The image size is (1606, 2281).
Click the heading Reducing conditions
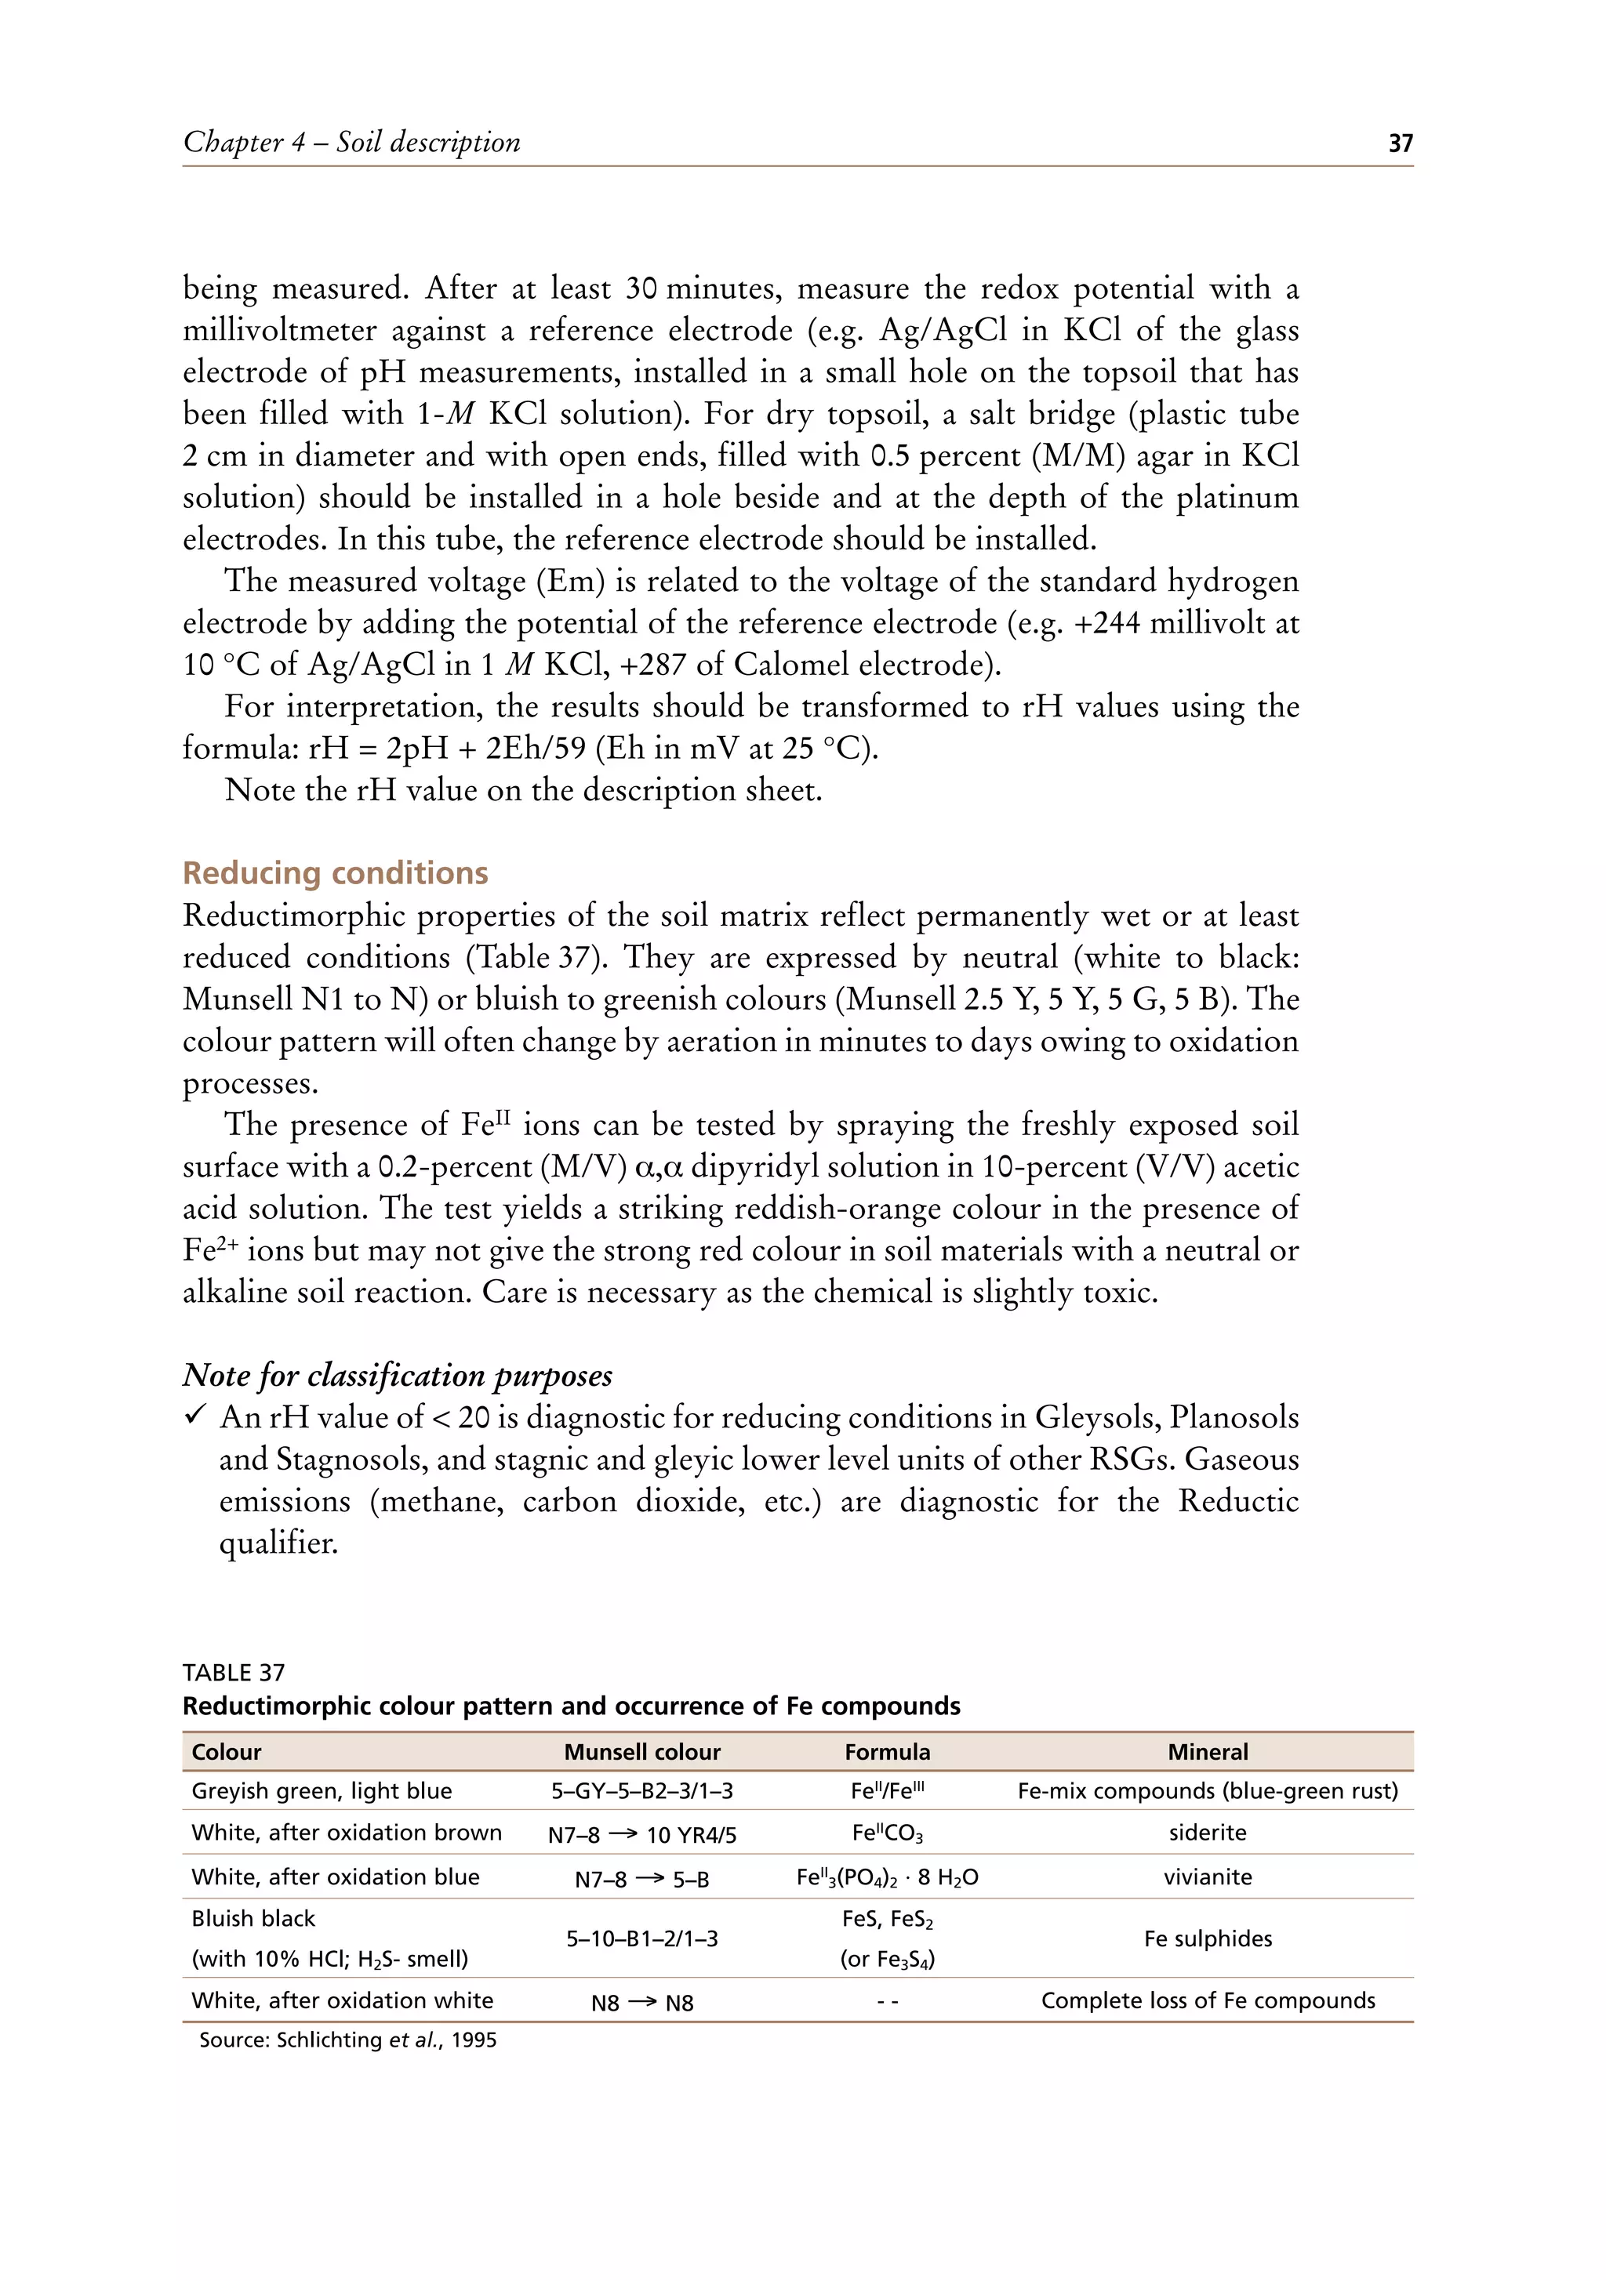[335, 872]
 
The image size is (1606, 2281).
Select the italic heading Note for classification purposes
[397, 1375]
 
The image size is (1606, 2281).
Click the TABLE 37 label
[234, 1673]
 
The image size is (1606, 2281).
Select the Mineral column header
[1207, 1751]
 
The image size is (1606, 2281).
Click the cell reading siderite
[1207, 1833]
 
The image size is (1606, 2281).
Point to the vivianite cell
[1207, 1877]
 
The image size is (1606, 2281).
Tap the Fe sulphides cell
[1207, 1938]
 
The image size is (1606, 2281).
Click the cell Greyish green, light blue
[321, 1791]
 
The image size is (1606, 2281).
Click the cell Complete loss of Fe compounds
[1207, 2001]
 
